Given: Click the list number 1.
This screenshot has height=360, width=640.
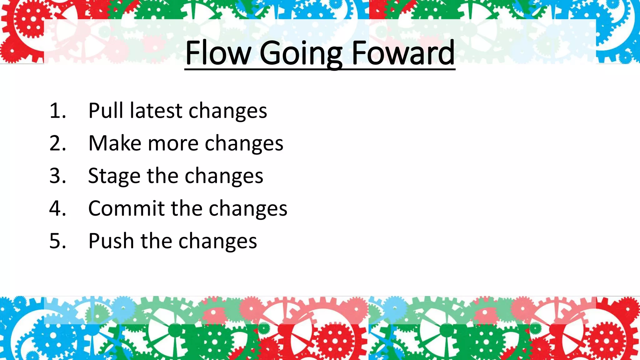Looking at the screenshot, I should [57, 111].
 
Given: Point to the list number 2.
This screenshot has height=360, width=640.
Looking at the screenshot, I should [57, 143].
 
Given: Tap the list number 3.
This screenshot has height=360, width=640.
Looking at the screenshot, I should [57, 176].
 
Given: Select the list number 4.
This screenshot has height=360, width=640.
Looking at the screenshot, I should [57, 208].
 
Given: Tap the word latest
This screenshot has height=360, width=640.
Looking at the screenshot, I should [156, 111].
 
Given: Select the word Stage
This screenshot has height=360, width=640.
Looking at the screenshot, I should [114, 177].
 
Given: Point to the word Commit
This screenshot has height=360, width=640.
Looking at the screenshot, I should [126, 208].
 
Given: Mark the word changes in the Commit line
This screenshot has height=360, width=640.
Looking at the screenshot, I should [248, 209].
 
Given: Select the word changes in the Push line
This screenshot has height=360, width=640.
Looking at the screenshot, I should [217, 242].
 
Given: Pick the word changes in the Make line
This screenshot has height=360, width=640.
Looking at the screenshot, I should [244, 144].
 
